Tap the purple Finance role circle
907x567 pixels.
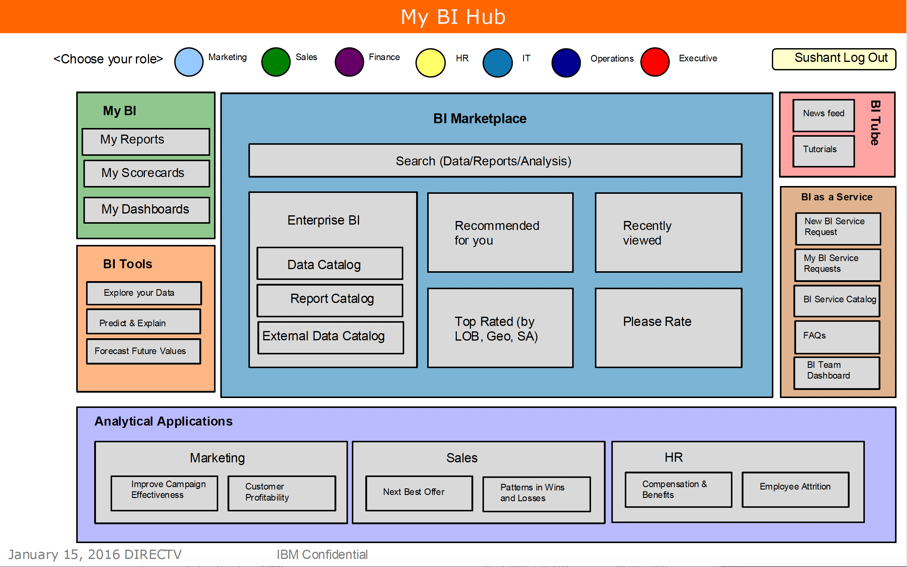[349, 62]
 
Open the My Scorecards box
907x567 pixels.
[146, 173]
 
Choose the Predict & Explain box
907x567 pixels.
[143, 322]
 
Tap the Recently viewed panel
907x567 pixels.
[668, 232]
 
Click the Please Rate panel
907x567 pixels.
[668, 328]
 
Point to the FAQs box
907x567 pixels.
[837, 337]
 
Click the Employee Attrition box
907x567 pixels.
[795, 489]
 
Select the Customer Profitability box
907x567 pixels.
[282, 493]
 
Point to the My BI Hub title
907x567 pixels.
[453, 17]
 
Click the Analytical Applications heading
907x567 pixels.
[164, 421]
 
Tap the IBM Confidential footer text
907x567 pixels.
[322, 554]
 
